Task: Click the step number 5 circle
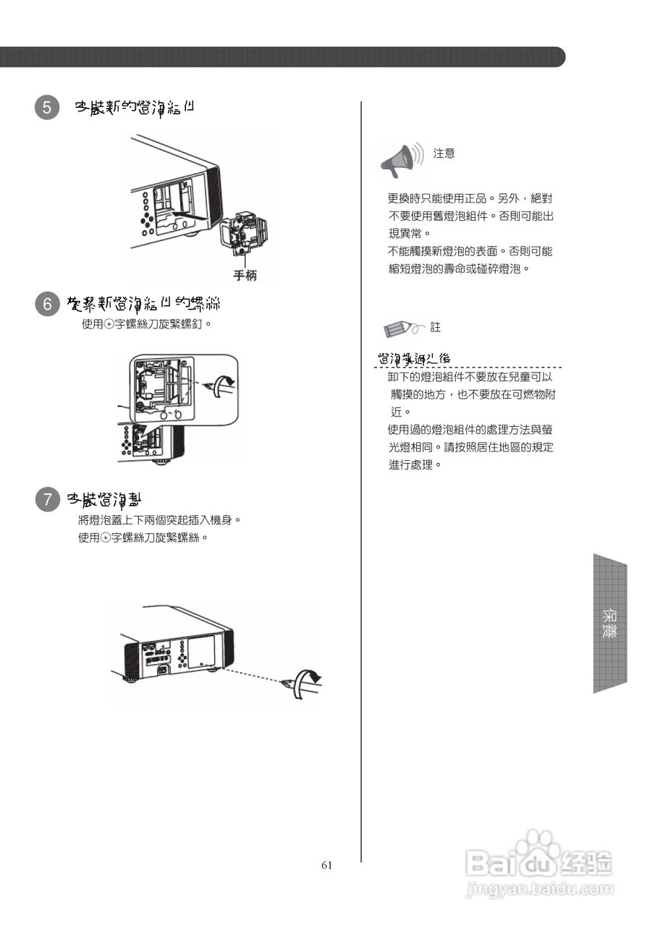point(47,108)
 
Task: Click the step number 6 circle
point(47,305)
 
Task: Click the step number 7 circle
point(47,499)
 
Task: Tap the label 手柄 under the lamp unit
point(244,276)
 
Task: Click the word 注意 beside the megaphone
point(444,153)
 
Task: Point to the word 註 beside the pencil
point(435,328)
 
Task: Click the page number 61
point(326,865)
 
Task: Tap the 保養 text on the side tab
point(609,623)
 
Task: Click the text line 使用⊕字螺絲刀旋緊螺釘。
point(146,323)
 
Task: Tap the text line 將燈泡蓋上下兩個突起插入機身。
point(159,520)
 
